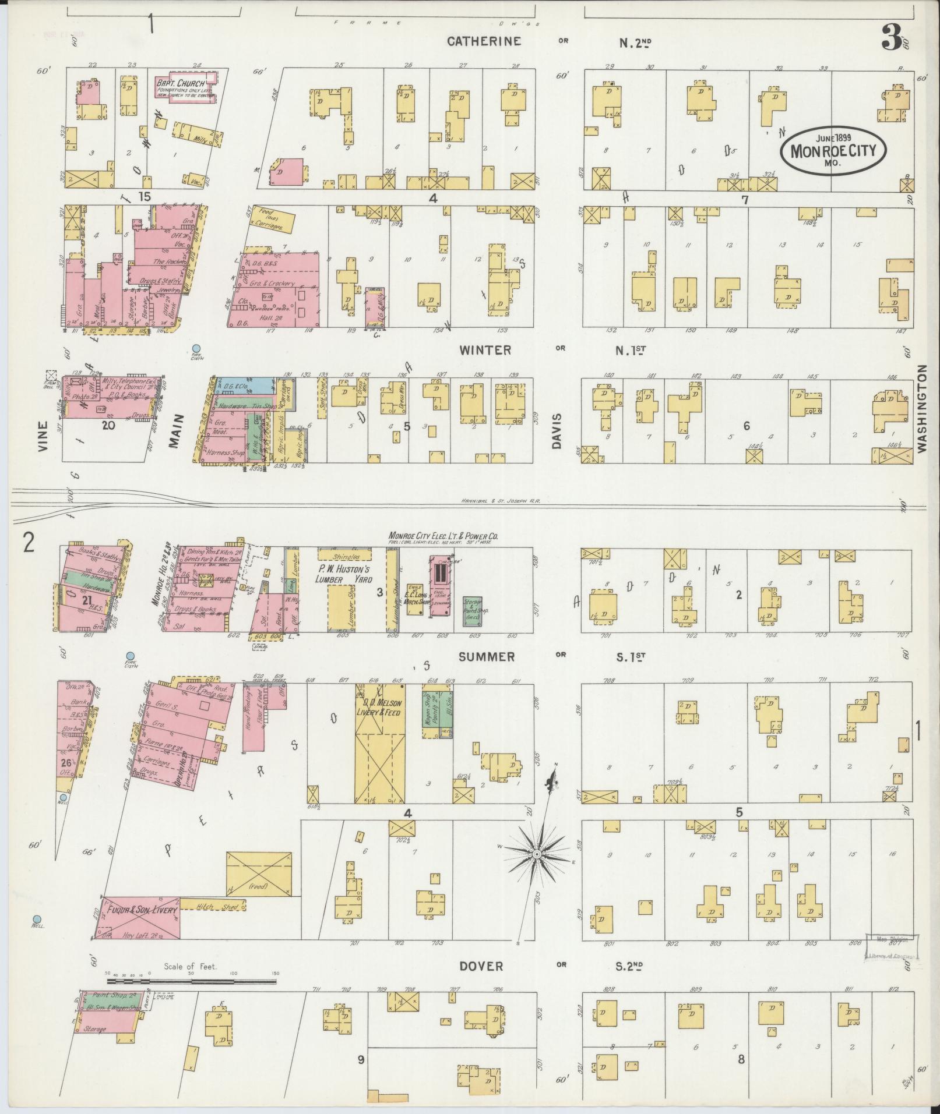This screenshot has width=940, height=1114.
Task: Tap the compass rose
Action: pos(536,854)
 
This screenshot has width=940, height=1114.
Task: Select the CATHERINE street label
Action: pos(483,41)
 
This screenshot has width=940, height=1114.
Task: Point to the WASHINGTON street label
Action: pos(922,408)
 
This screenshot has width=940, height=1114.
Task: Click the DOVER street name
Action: pos(480,966)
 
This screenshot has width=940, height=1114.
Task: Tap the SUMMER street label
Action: pos(486,657)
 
